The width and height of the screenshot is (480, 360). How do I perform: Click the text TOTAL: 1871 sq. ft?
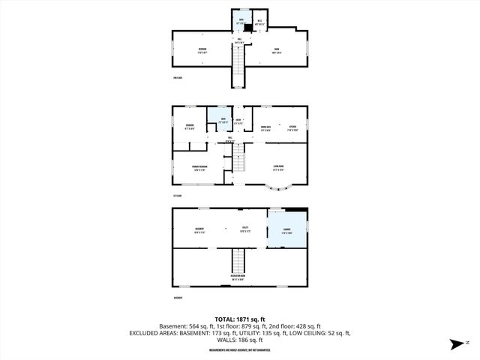click(239, 319)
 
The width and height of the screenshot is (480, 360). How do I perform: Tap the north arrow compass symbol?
click(455, 344)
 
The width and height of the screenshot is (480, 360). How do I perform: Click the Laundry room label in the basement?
click(286, 231)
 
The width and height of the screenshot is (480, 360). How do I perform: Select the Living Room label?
click(277, 167)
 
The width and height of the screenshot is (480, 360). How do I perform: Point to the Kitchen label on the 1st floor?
click(292, 127)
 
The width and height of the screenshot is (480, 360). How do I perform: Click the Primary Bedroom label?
click(198, 166)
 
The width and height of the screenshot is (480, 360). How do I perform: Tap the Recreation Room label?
click(238, 277)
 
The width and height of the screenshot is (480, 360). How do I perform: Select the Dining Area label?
click(265, 127)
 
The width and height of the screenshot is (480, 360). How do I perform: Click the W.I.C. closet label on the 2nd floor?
click(259, 21)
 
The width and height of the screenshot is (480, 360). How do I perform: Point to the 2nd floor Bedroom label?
click(202, 49)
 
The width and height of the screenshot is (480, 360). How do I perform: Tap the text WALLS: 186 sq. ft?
click(239, 339)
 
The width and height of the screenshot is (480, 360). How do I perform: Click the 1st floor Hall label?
click(229, 139)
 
